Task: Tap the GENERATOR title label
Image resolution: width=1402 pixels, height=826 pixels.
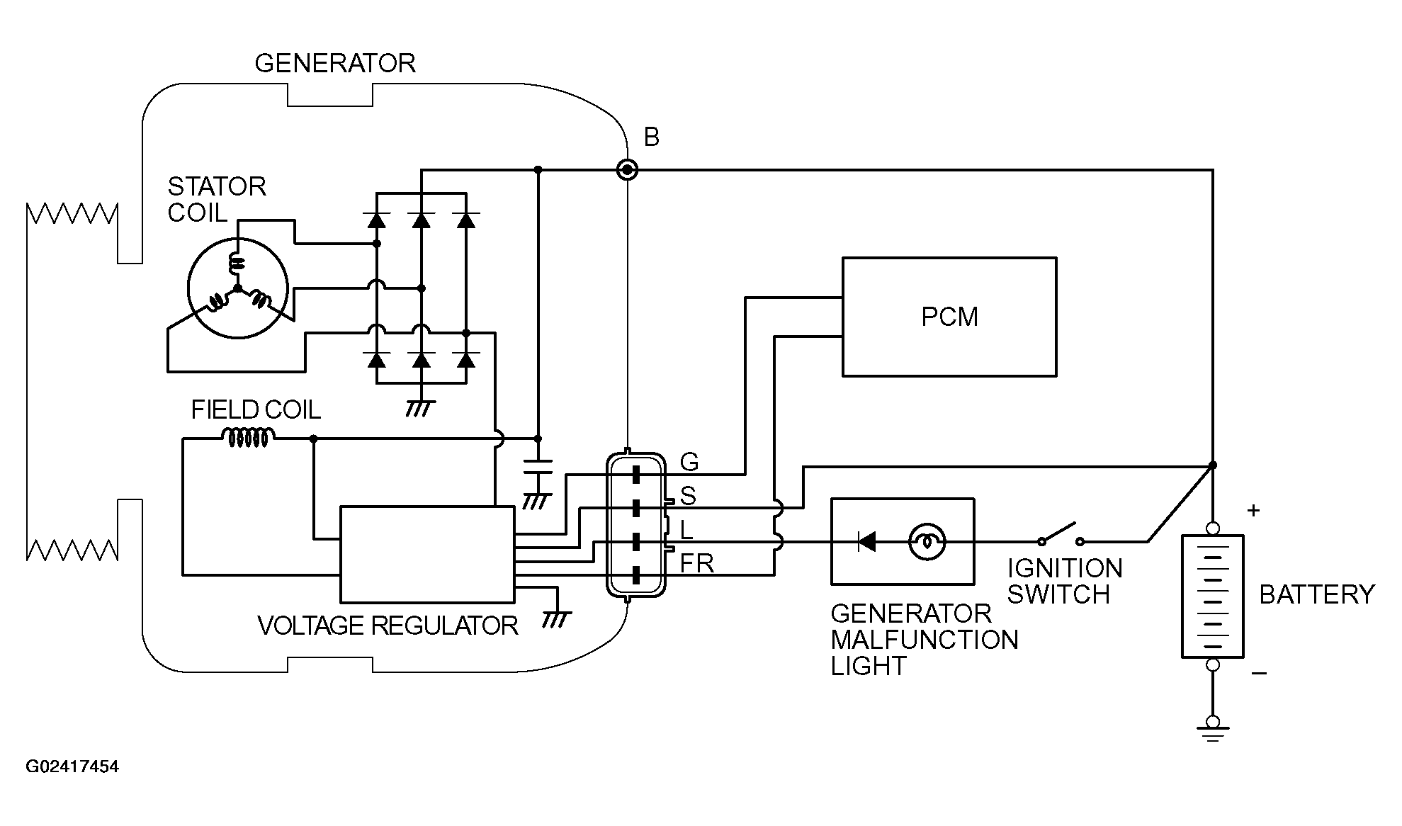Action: point(335,64)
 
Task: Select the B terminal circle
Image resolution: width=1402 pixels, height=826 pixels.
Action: point(628,170)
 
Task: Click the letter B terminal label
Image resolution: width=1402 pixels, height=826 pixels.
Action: point(652,137)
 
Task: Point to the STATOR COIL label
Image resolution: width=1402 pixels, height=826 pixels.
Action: point(217,199)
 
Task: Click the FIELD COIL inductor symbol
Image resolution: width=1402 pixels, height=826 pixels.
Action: point(247,438)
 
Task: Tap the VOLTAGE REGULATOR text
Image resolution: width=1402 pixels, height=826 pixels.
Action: point(388,626)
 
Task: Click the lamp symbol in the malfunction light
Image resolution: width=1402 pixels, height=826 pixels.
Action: point(927,543)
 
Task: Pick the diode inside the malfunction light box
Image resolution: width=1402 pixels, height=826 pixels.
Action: point(866,543)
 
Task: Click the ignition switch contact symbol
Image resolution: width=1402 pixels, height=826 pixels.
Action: point(1061,535)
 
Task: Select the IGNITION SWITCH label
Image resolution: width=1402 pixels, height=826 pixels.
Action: point(1065,582)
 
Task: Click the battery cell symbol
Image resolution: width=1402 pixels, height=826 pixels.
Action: point(1212,596)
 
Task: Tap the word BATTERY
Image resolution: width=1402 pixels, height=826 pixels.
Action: point(1317,594)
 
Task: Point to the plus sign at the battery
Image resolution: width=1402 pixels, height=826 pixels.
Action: point(1253,510)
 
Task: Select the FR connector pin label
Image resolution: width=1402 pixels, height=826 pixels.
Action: point(697,564)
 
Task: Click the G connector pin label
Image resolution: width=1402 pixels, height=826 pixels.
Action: point(689,463)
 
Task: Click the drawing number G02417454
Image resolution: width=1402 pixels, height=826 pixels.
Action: point(72,767)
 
